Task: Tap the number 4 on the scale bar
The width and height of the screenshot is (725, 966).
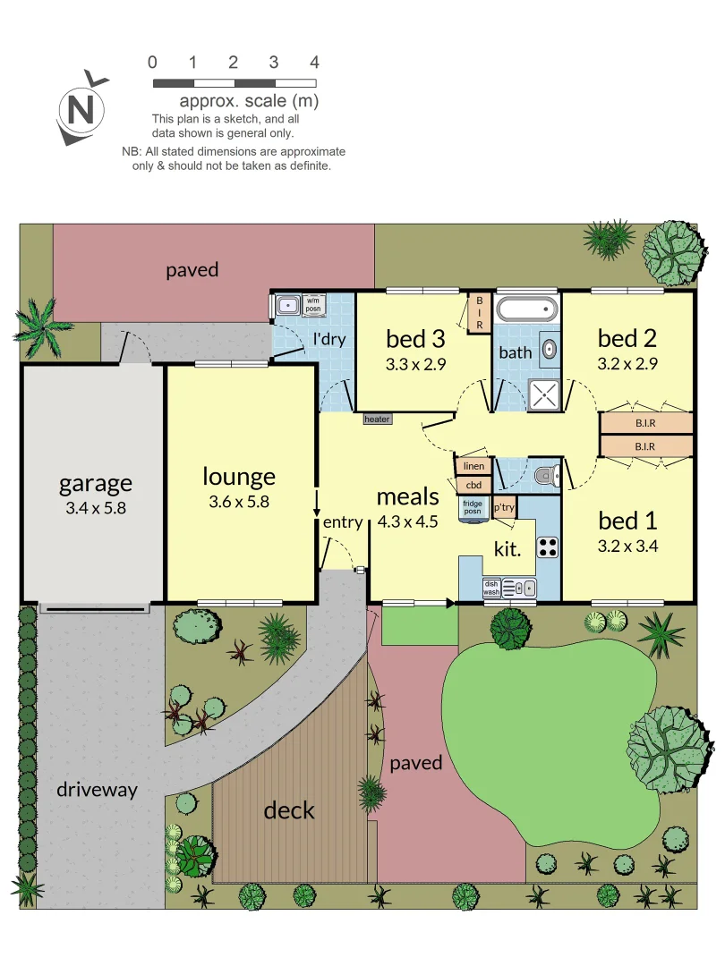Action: [314, 63]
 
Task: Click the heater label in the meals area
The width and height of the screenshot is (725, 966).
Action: [377, 419]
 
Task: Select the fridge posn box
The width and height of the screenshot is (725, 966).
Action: [472, 507]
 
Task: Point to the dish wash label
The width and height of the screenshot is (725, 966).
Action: [491, 587]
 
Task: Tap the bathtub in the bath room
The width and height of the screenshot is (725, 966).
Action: [527, 310]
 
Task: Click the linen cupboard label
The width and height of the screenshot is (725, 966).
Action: [473, 467]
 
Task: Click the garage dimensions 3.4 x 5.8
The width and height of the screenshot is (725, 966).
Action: [95, 508]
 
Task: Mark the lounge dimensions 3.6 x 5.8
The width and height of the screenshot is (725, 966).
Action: [238, 502]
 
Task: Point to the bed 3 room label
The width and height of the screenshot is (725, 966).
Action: [415, 339]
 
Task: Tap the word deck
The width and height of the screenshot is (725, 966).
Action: [289, 810]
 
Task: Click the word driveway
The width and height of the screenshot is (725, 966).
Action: [97, 790]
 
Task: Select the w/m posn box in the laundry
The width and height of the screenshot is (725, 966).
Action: [314, 304]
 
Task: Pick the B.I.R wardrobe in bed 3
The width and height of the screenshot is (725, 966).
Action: [479, 314]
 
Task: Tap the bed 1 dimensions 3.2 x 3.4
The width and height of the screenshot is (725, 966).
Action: [627, 546]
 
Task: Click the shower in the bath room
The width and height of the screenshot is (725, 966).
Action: [542, 394]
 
